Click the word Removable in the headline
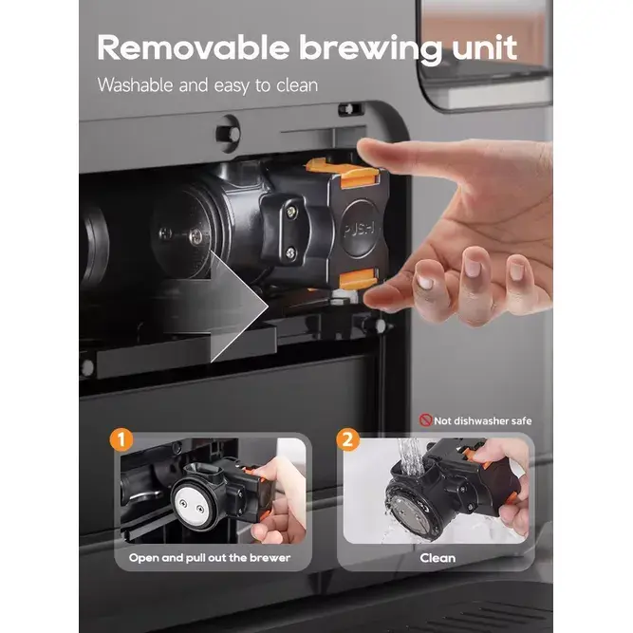(194, 47)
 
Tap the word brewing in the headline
(371, 50)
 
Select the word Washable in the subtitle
(136, 85)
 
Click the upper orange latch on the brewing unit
(343, 172)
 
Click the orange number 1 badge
(121, 439)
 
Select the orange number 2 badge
(347, 439)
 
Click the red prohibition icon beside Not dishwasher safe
(425, 419)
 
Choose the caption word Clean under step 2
(438, 558)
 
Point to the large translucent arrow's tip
(268, 307)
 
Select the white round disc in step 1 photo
(191, 504)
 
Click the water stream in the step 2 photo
(411, 456)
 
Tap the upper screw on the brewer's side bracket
(290, 211)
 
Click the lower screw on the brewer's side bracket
(290, 253)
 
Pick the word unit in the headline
(484, 47)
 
